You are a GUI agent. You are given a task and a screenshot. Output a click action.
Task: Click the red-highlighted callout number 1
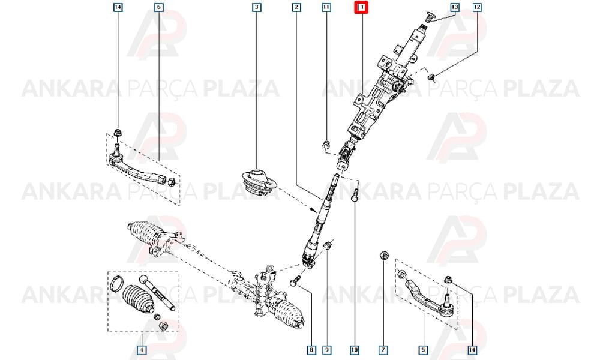361,7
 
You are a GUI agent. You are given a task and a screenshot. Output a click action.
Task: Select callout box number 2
296,7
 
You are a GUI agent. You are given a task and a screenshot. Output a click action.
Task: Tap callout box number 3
257,7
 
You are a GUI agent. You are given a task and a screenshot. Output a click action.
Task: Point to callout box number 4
142,350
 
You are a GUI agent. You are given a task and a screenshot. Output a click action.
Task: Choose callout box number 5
423,350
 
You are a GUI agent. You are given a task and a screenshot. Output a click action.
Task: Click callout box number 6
159,7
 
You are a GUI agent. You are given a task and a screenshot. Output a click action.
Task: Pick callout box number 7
383,350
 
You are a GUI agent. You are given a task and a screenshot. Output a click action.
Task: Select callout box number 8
311,350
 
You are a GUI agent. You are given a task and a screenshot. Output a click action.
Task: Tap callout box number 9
326,350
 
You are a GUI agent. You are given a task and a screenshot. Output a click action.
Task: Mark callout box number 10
355,350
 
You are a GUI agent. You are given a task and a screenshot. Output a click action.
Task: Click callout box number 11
326,7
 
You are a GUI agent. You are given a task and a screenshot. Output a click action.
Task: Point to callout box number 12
477,7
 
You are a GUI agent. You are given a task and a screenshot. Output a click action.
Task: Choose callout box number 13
455,7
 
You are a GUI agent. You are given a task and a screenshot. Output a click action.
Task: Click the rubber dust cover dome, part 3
257,181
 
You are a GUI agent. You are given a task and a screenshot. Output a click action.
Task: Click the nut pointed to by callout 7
383,255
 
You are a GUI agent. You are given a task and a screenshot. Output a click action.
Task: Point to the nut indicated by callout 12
431,78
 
